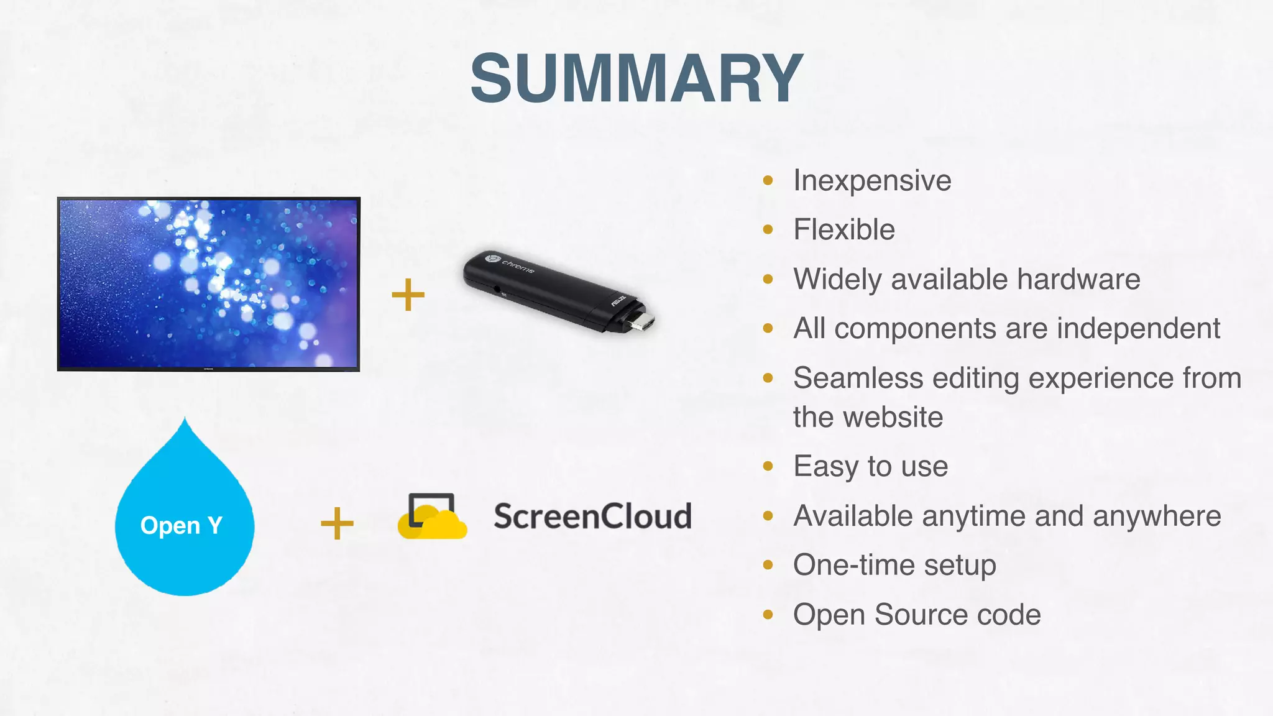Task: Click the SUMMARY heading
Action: point(636,78)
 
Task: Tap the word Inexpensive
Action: point(872,181)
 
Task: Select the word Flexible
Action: point(844,230)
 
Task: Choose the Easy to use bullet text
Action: point(870,466)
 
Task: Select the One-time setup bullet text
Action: point(894,565)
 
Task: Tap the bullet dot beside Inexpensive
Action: point(768,181)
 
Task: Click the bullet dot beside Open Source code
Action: point(768,615)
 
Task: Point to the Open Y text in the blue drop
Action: point(181,526)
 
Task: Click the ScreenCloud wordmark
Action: point(592,516)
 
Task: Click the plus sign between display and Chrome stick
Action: point(408,295)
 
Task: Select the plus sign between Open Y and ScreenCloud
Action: point(337,523)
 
